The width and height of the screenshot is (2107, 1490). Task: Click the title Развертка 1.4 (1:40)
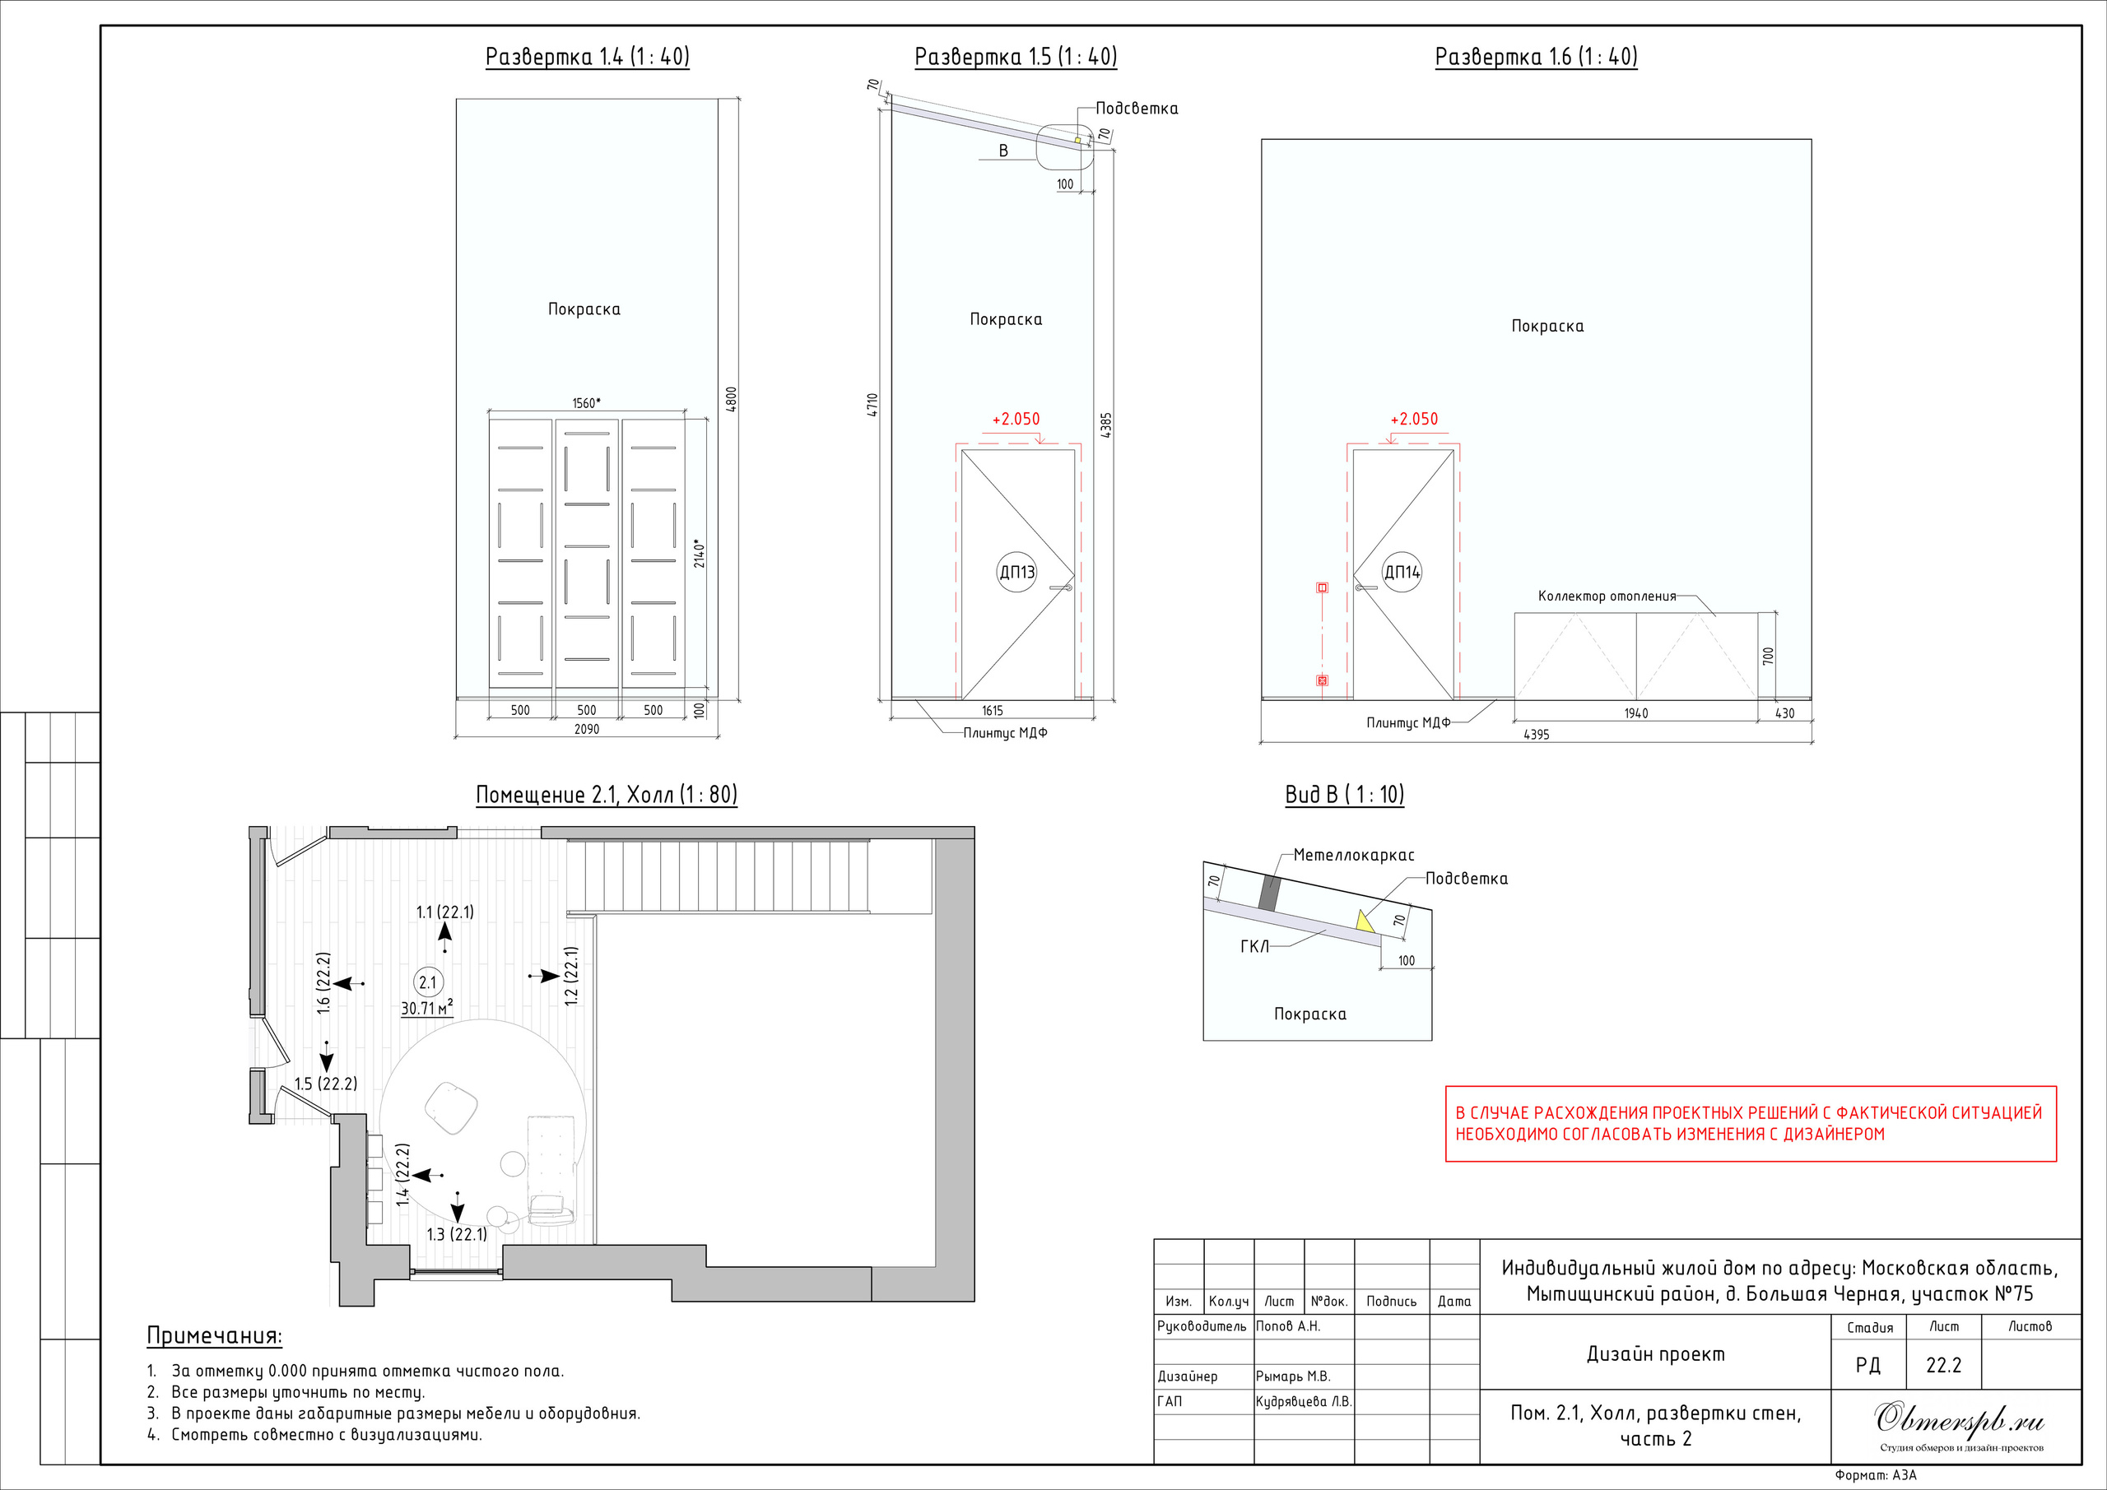(588, 57)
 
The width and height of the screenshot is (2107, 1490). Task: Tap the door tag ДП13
(1016, 573)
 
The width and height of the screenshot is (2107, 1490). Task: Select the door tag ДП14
(1402, 573)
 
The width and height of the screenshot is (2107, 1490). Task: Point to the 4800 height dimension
(732, 398)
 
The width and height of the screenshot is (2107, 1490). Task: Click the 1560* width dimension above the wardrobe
(586, 403)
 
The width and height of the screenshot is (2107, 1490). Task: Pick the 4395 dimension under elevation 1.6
(1536, 734)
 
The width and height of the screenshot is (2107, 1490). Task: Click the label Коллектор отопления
(1607, 596)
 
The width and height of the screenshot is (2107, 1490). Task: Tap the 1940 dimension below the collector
(1636, 713)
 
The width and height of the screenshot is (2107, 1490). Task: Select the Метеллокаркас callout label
(1355, 855)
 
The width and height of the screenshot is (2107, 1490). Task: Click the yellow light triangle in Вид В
(1365, 920)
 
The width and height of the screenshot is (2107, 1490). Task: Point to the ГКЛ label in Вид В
(1254, 946)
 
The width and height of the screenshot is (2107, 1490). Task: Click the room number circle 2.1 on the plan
(428, 982)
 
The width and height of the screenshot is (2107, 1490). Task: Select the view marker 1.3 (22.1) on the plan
(457, 1234)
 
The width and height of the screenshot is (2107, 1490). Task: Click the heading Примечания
(215, 1336)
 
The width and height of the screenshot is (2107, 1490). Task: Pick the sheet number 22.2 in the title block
(1944, 1365)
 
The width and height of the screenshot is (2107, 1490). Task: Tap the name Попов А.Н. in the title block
(1287, 1325)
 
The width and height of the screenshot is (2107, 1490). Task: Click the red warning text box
(1751, 1124)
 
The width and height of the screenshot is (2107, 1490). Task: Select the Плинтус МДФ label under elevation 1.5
(1005, 733)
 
